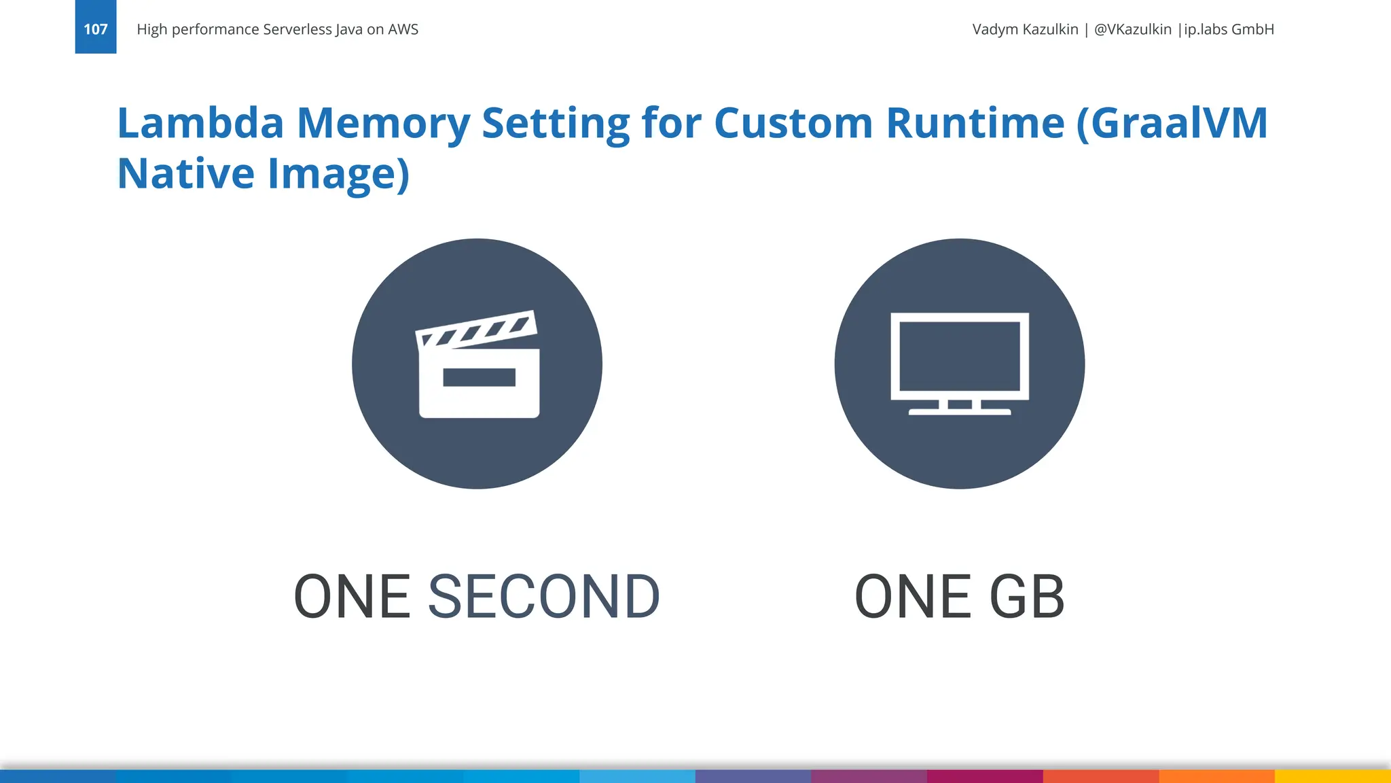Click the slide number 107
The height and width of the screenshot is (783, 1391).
[96, 29]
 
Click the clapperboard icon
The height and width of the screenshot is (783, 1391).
[478, 364]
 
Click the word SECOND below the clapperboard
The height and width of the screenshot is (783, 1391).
[543, 597]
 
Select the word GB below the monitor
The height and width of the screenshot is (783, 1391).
[1026, 597]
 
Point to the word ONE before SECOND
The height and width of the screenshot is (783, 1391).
[352, 597]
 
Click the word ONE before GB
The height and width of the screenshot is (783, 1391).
[912, 597]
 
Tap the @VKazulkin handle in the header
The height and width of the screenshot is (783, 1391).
[1132, 29]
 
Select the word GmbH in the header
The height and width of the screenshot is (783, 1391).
[1252, 29]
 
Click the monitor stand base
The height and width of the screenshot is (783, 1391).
[959, 411]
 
